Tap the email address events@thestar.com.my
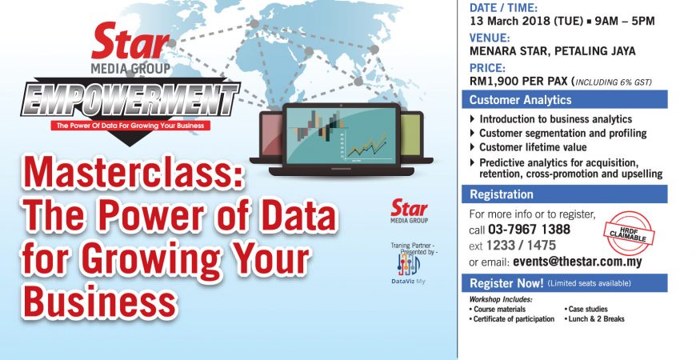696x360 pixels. click(578, 262)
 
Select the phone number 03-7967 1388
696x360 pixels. click(529, 230)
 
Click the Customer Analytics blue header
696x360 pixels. click(564, 99)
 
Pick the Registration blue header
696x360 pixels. click(564, 194)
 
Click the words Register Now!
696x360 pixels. click(506, 283)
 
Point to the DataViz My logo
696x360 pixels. click(408, 268)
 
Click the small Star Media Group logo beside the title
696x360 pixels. click(410, 211)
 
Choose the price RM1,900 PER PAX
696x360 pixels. click(518, 82)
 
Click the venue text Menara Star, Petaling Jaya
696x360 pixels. click(553, 51)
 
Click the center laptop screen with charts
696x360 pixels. click(341, 135)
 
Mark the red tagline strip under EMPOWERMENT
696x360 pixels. click(130, 126)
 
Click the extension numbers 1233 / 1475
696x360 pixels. click(521, 246)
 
